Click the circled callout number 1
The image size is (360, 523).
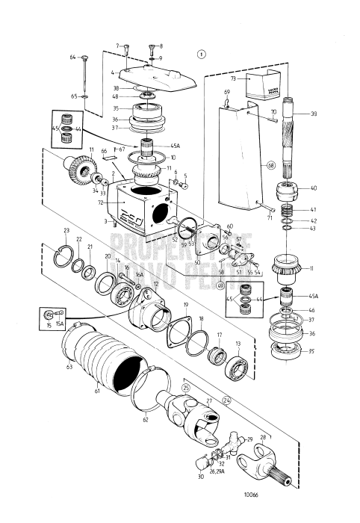[x=200, y=53]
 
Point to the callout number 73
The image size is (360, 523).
[x=232, y=77]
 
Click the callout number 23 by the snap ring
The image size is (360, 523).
[x=66, y=230]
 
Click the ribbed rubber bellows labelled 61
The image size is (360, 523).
[x=93, y=362]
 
